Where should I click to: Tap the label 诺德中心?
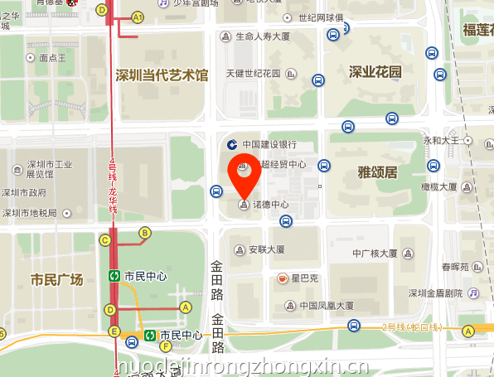[270, 205]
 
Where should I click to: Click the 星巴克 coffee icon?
[283, 278]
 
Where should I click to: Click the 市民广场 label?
[56, 279]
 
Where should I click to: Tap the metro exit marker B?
[144, 233]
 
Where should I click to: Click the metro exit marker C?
[104, 240]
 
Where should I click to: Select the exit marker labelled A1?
[138, 17]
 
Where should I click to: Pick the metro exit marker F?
[166, 346]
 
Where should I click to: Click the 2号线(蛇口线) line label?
[412, 327]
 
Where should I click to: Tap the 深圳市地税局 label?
[30, 213]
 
